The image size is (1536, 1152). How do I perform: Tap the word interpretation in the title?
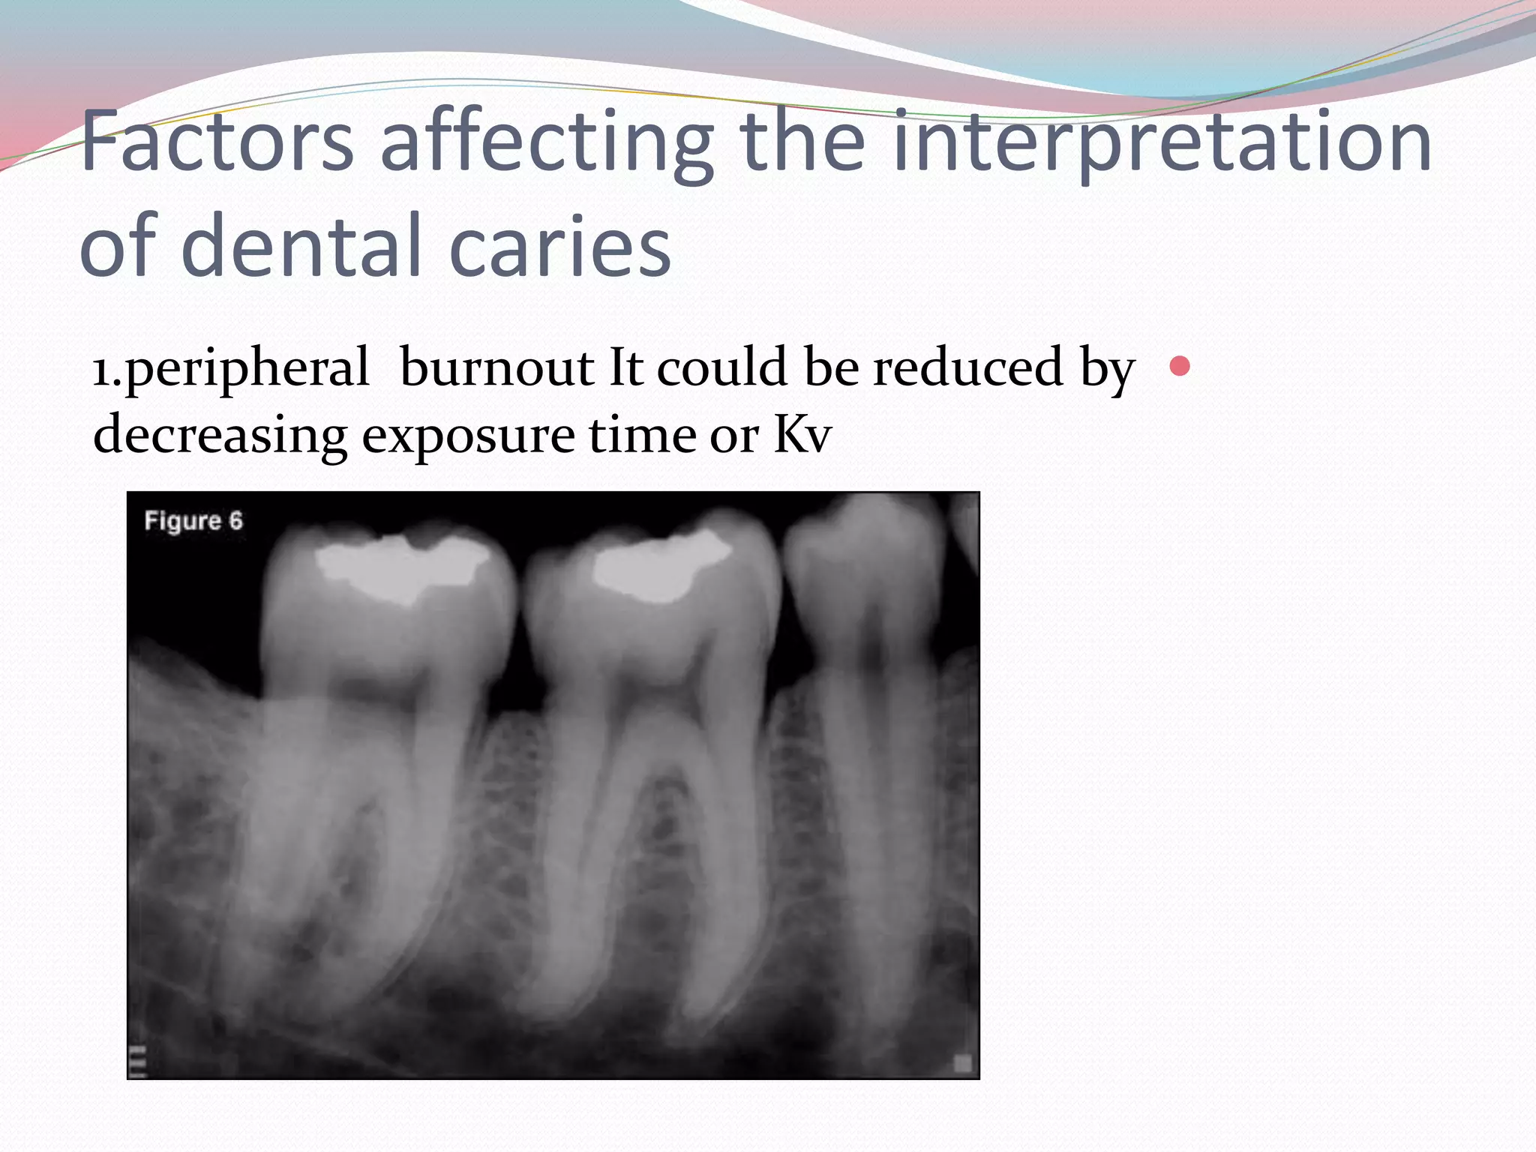tap(1162, 142)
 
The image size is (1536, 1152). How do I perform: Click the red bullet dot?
tap(1180, 366)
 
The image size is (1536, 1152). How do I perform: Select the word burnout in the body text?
tap(496, 367)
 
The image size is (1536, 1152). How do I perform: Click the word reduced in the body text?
tap(967, 367)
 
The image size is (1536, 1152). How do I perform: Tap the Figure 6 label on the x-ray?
tap(193, 520)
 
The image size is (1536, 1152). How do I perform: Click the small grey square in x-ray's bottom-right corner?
tap(962, 1063)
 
